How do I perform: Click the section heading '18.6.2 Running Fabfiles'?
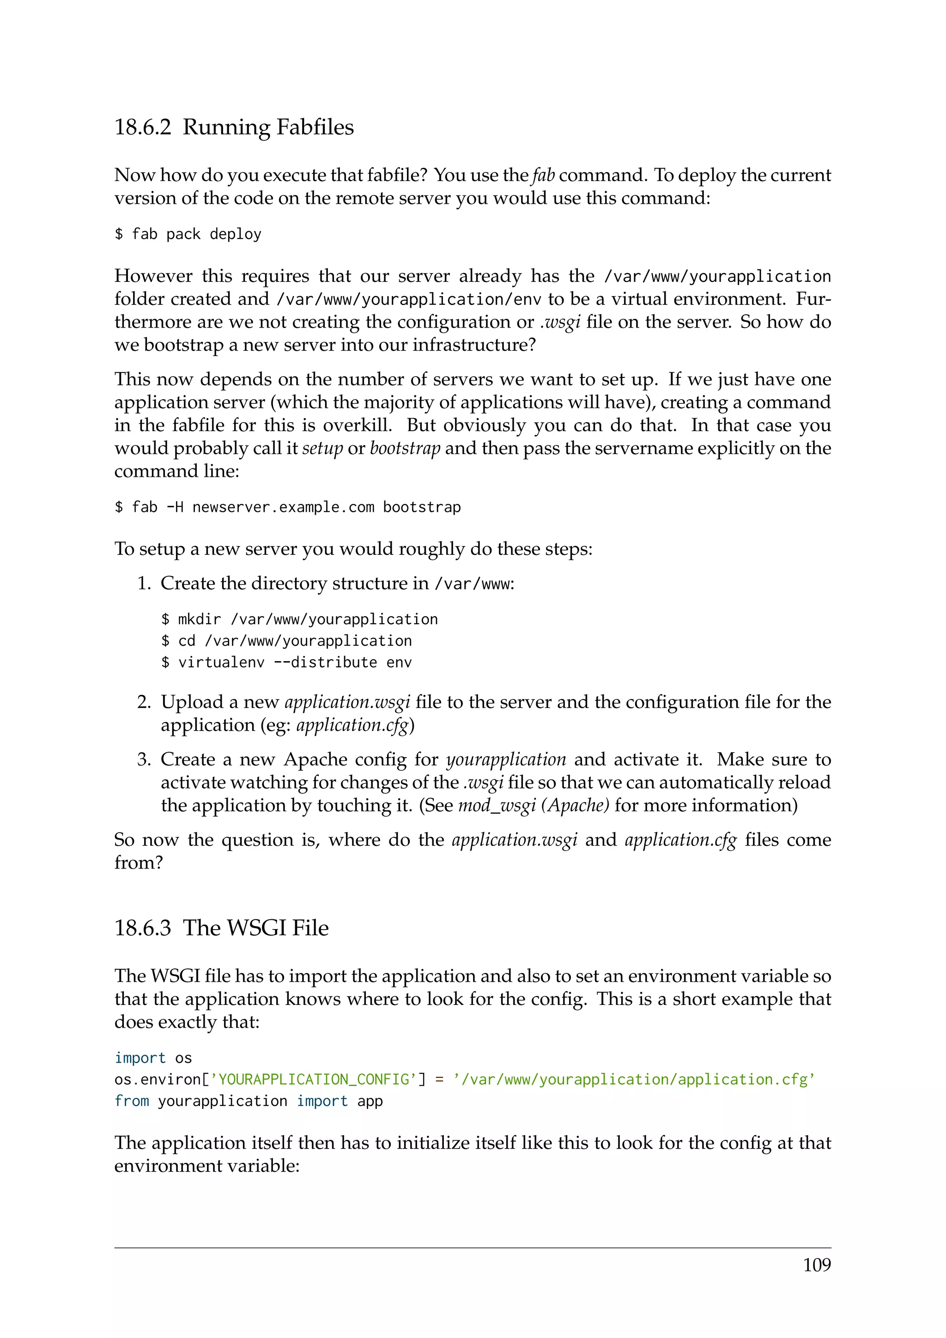pos(234,127)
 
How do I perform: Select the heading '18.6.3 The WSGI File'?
pos(221,927)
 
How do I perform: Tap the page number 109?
pos(817,1265)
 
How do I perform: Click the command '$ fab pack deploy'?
pos(188,234)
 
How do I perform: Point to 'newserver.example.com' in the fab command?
pos(283,508)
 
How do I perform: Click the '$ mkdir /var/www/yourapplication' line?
pos(299,620)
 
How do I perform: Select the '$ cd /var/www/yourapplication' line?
pos(286,641)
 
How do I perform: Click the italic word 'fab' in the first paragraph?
pos(543,176)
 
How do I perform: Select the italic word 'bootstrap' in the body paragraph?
pos(405,449)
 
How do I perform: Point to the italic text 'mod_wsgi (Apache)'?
pos(534,805)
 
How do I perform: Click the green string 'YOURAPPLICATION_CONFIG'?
pos(313,1080)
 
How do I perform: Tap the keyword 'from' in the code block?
pos(132,1101)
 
